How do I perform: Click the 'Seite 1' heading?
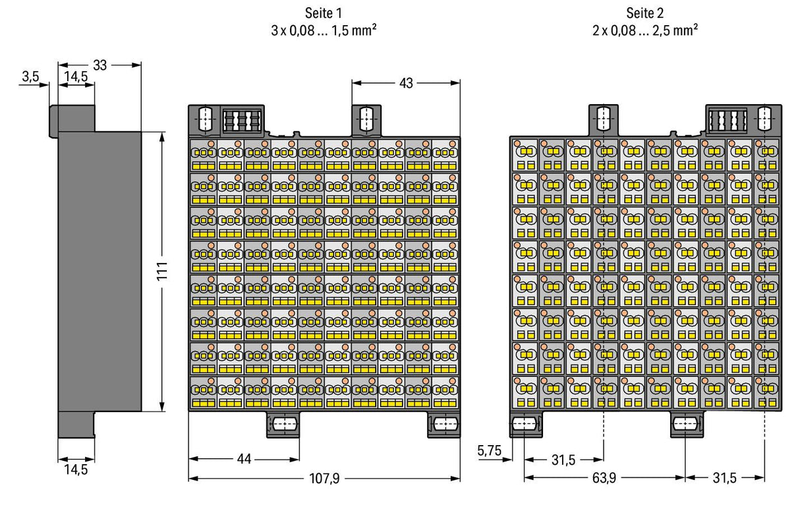coord(323,13)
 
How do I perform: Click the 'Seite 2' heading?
coord(644,13)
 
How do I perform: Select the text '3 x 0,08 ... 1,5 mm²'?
coord(324,30)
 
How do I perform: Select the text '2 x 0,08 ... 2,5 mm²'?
coord(645,30)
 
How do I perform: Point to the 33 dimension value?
coord(100,65)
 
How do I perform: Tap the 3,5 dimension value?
coord(30,76)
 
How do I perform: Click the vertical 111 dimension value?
coord(162,271)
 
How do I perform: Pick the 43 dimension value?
coord(406,83)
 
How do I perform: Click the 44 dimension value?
coord(244,459)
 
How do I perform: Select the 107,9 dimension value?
coord(324,478)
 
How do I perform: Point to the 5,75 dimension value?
coord(489,450)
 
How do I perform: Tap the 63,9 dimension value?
coord(604,478)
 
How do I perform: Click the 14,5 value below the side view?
coord(76,469)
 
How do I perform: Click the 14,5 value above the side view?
coord(76,76)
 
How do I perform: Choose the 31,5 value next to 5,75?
coord(563,460)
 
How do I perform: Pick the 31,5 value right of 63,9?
coord(725,478)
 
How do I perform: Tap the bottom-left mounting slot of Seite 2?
coord(524,425)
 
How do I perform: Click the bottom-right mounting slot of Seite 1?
coord(445,425)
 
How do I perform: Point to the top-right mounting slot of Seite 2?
coord(764,118)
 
